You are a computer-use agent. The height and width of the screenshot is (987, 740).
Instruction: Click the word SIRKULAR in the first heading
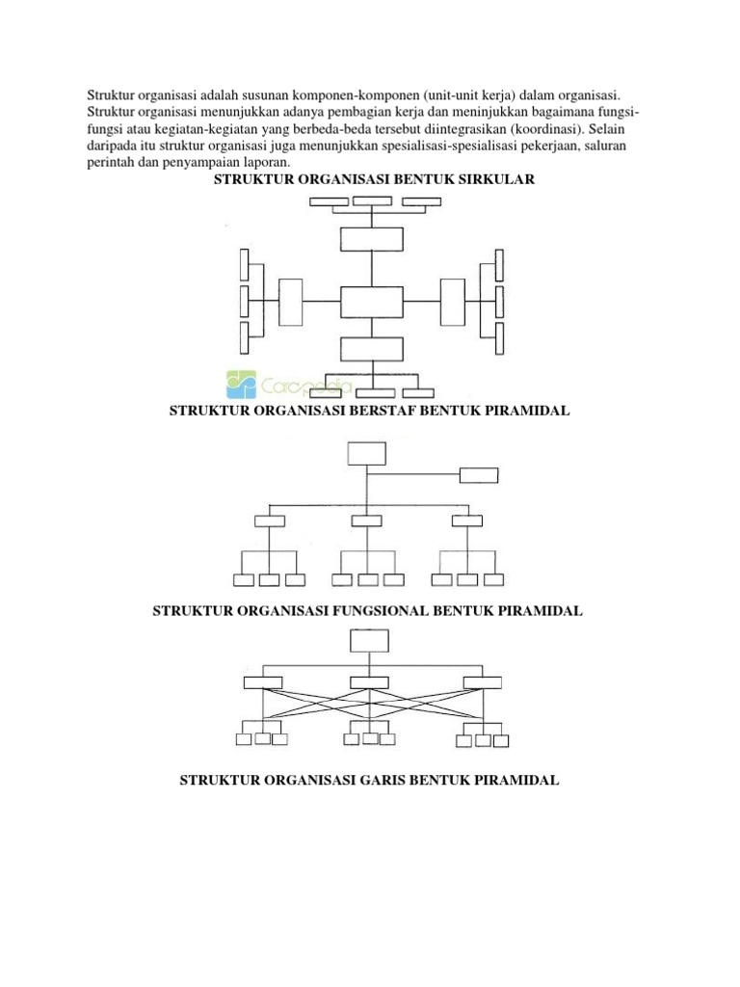pyautogui.click(x=493, y=180)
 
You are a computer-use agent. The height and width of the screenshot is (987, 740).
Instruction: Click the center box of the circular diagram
pyautogui.click(x=371, y=302)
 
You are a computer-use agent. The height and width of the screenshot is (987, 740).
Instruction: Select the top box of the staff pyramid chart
pyautogui.click(x=366, y=454)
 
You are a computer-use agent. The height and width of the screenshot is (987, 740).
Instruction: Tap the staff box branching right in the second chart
pyautogui.click(x=479, y=474)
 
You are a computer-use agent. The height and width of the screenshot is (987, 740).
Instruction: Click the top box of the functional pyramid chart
pyautogui.click(x=370, y=642)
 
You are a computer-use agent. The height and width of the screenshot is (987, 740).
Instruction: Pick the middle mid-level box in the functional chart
pyautogui.click(x=368, y=683)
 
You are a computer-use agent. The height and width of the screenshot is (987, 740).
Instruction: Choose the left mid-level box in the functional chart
pyautogui.click(x=263, y=683)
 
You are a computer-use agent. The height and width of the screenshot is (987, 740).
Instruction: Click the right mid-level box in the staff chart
pyautogui.click(x=466, y=521)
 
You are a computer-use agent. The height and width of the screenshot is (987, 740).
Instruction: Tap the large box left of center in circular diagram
pyautogui.click(x=290, y=302)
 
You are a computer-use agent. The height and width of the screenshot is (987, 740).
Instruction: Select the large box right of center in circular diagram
pyautogui.click(x=451, y=302)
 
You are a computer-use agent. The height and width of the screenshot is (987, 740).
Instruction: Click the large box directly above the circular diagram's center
pyautogui.click(x=371, y=240)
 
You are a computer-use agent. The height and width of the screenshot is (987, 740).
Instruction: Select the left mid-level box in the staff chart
pyautogui.click(x=270, y=521)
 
